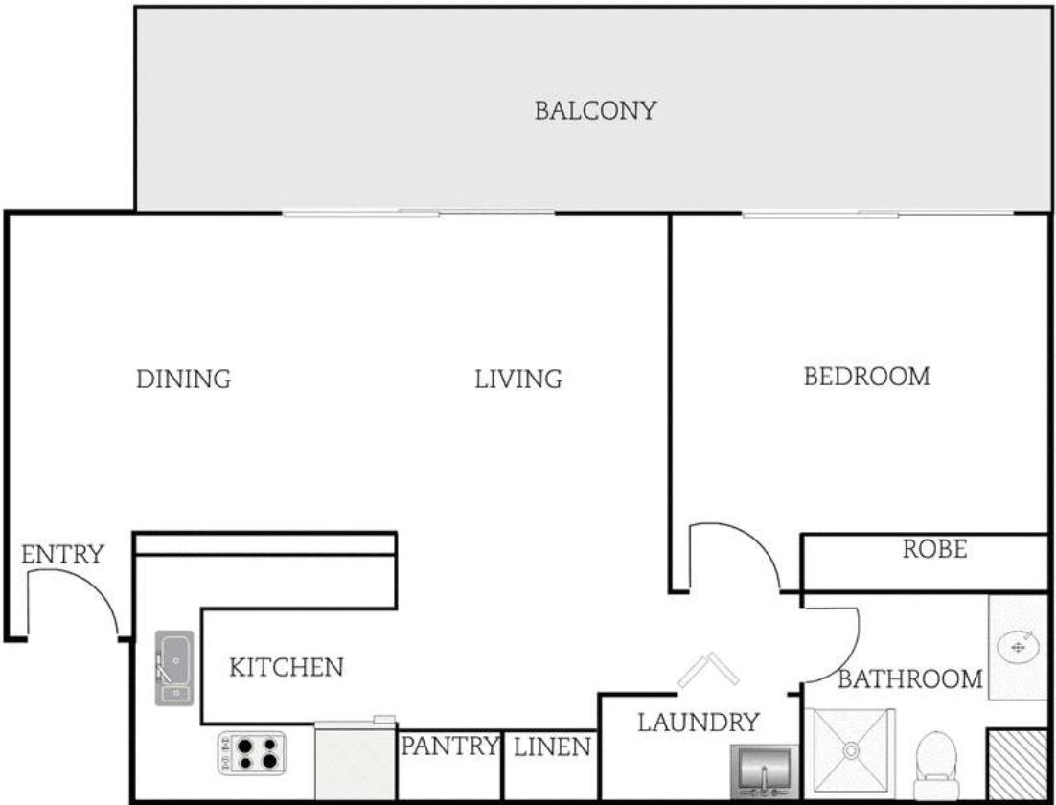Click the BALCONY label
(595, 110)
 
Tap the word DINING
(184, 379)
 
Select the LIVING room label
(518, 379)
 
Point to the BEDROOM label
(867, 376)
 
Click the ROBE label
(934, 549)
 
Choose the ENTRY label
(62, 555)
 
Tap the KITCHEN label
(287, 668)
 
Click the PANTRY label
(449, 746)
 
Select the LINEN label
(552, 747)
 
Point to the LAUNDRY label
(699, 723)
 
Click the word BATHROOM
(909, 679)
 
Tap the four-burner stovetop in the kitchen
(252, 753)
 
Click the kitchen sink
(174, 668)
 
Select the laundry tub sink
(765, 770)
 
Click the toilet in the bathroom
(937, 766)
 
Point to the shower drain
(851, 749)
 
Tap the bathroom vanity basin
(1018, 648)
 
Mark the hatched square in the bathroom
(1017, 765)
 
